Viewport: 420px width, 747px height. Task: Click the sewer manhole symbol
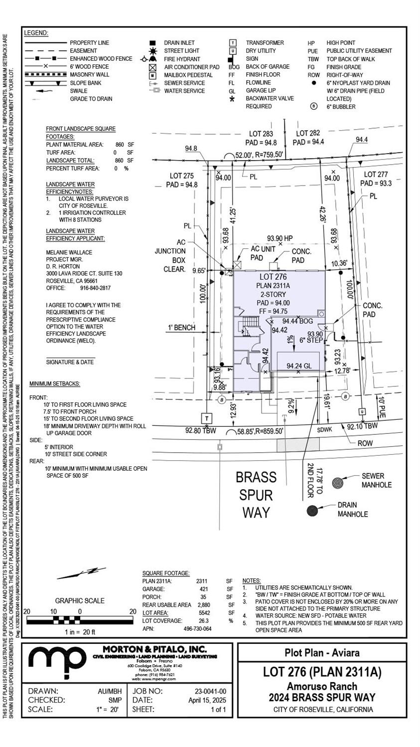click(x=338, y=483)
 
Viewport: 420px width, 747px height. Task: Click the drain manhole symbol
click(x=313, y=511)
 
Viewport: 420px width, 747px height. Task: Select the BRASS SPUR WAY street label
click(x=256, y=495)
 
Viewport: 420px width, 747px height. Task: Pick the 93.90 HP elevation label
click(x=280, y=238)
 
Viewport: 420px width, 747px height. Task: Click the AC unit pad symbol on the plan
click(x=238, y=264)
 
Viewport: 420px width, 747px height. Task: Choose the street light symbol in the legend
click(x=152, y=51)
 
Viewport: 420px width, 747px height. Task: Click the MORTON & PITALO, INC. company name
click(x=154, y=649)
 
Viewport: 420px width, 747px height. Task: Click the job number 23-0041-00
click(x=210, y=691)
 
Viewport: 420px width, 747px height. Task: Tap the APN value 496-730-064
click(x=198, y=629)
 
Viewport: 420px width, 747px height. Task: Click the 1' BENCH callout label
click(x=181, y=328)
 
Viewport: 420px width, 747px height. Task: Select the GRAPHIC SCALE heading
click(x=80, y=600)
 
